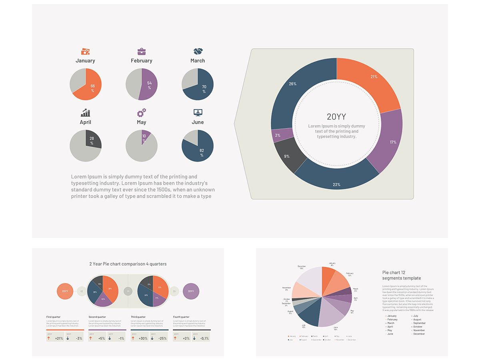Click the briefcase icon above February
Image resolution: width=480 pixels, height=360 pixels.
(142, 51)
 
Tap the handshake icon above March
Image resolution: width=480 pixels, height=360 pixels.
(198, 51)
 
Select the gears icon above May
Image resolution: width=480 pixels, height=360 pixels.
(142, 113)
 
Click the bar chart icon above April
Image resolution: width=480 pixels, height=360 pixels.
(85, 113)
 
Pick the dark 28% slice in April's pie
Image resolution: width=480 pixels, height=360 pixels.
(93, 139)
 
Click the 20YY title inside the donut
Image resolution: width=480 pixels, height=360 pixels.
(336, 117)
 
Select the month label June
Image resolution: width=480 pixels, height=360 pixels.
(198, 122)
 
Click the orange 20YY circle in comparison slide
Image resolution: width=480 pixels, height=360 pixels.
(65, 291)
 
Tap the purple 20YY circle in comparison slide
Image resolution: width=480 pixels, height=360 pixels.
(191, 291)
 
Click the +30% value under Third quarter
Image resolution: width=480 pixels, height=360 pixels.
(143, 338)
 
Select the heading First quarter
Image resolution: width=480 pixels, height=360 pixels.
(53, 317)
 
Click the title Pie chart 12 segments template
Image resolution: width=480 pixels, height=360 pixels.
(401, 275)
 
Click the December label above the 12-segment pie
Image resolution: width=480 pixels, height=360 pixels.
(302, 267)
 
